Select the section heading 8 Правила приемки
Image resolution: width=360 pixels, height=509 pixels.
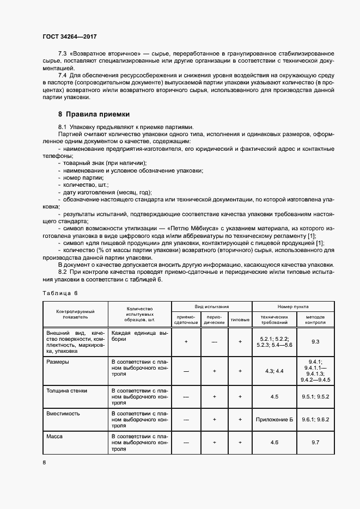pos(94,114)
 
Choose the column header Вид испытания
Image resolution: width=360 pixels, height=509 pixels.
pos(212,306)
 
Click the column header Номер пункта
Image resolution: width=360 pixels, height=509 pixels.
pos(292,306)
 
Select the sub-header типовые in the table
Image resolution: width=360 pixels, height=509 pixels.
pos(240,319)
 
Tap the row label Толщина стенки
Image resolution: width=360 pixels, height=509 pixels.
pos(66,391)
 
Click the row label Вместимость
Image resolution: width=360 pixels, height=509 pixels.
pos(63,413)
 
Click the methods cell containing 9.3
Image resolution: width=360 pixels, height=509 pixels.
pos(314,341)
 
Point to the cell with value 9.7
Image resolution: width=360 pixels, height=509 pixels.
pos(314,443)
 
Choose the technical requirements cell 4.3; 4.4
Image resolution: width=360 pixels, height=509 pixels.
pos(274,371)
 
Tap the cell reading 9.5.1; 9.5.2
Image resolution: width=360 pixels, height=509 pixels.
pos(314,397)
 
